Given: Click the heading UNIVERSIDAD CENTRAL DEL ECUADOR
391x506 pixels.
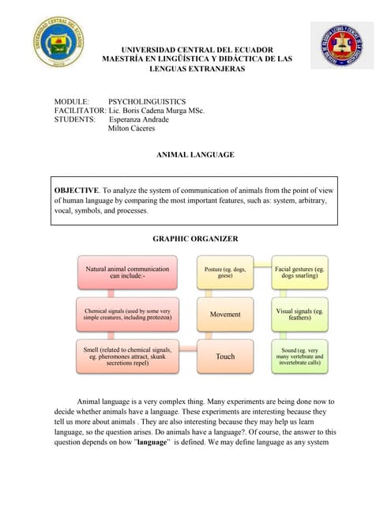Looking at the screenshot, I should (x=197, y=50).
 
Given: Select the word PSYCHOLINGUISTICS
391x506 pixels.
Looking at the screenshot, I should (x=146, y=102).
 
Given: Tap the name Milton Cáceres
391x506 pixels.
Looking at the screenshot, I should (x=131, y=129).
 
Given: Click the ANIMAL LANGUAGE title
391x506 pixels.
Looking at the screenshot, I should (x=196, y=155).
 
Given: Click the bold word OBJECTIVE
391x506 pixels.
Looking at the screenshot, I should (x=77, y=191).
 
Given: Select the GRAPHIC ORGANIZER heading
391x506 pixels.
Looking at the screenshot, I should (x=195, y=239).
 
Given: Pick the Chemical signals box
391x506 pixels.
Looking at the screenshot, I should (x=126, y=314).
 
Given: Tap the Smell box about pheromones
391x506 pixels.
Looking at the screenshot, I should (x=126, y=357).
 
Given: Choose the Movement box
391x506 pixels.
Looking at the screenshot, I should (x=225, y=314).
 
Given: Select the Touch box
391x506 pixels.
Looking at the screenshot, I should (x=225, y=357).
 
